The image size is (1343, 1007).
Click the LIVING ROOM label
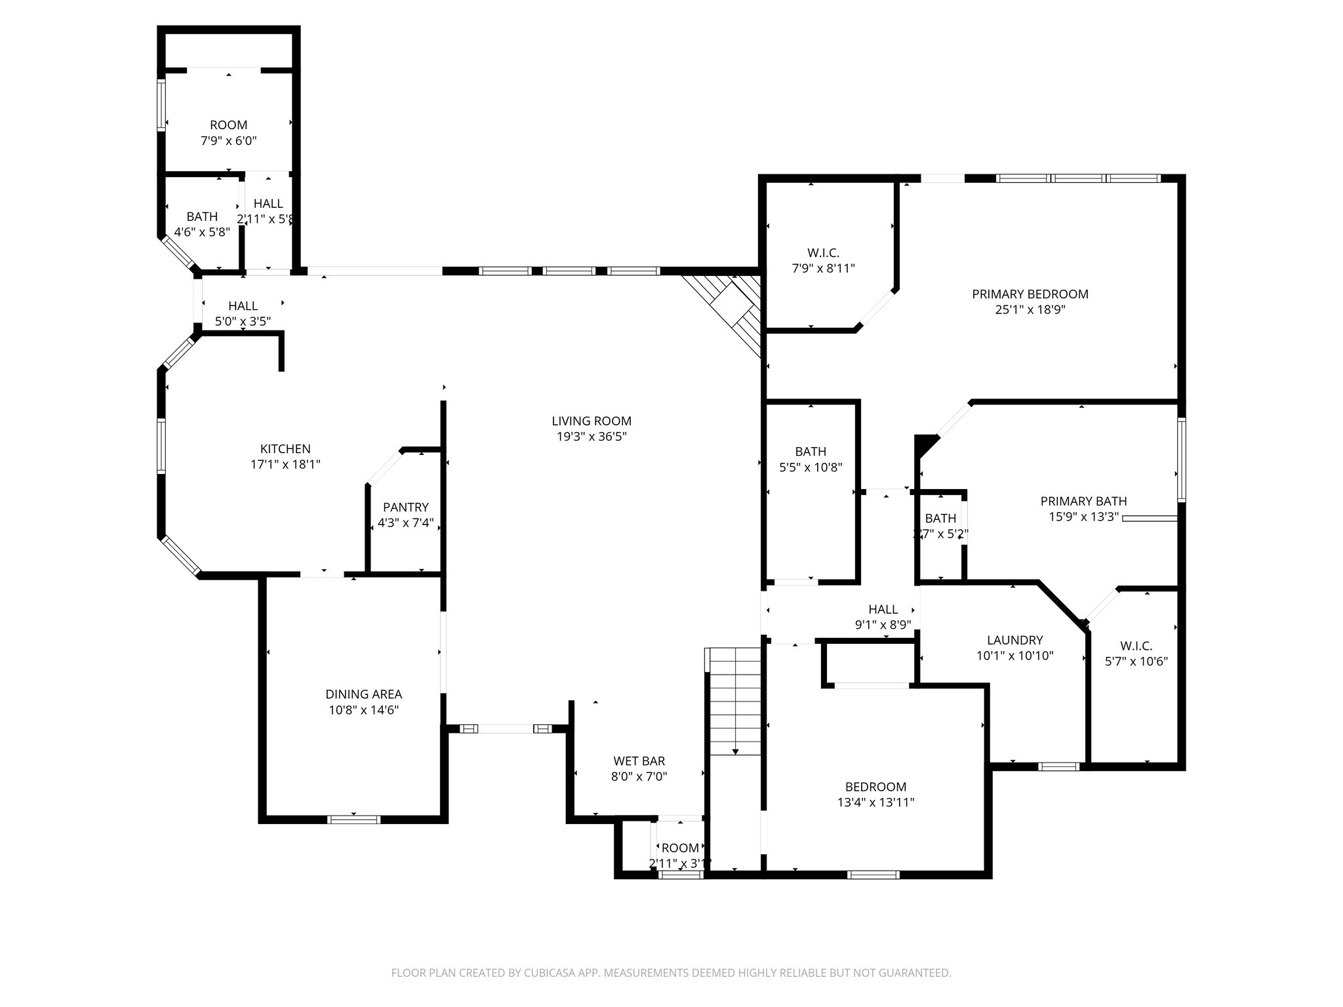[591, 422]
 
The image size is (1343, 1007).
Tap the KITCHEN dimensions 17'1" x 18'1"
[285, 465]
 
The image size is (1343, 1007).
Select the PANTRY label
[406, 507]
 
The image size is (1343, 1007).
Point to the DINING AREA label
[364, 694]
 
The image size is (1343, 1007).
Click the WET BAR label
[639, 761]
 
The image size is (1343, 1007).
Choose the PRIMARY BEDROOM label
[1030, 294]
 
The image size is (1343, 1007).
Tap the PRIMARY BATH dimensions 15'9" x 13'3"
[1083, 517]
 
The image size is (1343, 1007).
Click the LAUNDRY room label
[1014, 640]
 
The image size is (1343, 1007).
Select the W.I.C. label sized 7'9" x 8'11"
[823, 252]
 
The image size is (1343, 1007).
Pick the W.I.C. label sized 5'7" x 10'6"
[1136, 646]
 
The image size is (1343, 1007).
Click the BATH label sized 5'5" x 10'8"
[811, 452]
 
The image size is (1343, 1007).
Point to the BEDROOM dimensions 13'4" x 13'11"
[875, 802]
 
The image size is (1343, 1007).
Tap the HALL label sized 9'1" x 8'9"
[883, 609]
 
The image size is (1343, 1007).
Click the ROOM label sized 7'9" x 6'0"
[228, 125]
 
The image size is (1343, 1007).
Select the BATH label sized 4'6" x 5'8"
[202, 216]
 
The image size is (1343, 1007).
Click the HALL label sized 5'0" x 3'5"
[243, 306]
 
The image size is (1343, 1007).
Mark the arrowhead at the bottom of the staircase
[736, 751]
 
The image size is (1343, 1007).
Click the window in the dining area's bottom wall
[353, 819]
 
